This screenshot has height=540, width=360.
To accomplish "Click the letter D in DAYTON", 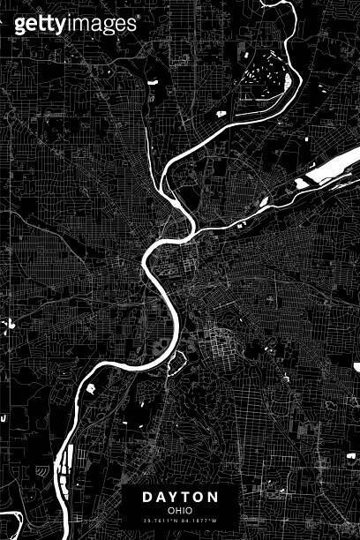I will (x=147, y=498).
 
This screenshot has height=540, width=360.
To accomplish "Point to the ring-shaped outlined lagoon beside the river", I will (x=175, y=361).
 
